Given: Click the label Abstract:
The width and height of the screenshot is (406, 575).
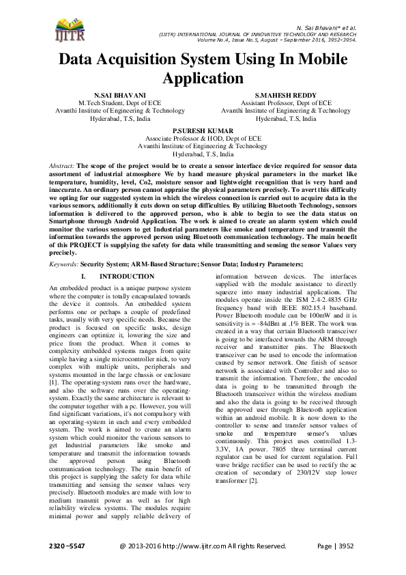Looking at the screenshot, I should (x=63, y=166).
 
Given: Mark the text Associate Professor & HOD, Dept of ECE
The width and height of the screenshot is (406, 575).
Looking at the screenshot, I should (x=203, y=138).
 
